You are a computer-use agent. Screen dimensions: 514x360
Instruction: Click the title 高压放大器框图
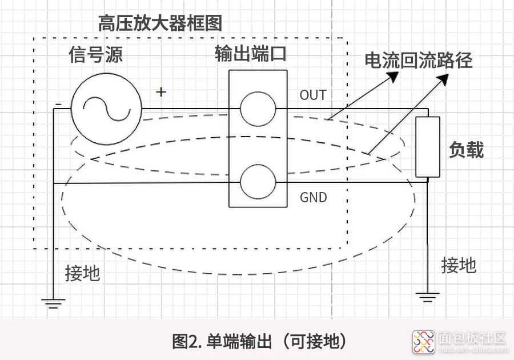click(x=160, y=23)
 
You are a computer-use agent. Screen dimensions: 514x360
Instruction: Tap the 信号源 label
click(x=95, y=54)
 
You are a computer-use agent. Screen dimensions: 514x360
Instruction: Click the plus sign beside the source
click(x=161, y=92)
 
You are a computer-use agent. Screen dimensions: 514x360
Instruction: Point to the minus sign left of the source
click(x=58, y=104)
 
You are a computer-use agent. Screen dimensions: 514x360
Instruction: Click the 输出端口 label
click(x=251, y=53)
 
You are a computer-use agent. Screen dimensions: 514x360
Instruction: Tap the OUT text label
click(x=313, y=95)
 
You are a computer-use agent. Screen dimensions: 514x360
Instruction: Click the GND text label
click(x=314, y=197)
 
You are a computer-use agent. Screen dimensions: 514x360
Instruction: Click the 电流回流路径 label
click(x=419, y=61)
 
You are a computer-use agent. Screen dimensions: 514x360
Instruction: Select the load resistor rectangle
click(x=428, y=147)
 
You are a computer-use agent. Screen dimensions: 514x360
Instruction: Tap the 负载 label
click(x=466, y=150)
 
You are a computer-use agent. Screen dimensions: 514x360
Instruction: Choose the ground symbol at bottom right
click(x=427, y=297)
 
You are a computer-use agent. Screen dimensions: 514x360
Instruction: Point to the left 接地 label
click(x=82, y=273)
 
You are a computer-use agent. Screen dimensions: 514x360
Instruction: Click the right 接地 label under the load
click(x=459, y=265)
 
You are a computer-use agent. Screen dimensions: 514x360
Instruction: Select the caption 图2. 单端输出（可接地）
click(x=259, y=341)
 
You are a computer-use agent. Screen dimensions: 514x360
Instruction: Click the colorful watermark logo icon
click(x=424, y=342)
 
